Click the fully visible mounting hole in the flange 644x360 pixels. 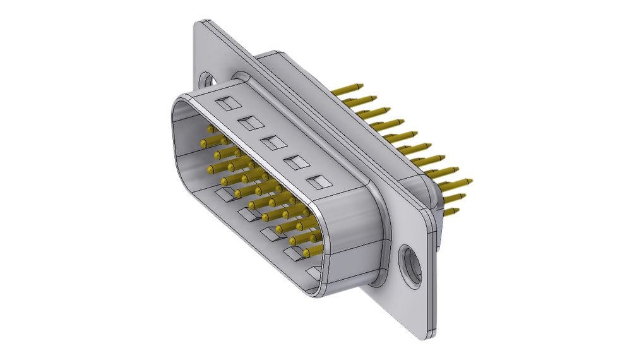(x=411, y=264)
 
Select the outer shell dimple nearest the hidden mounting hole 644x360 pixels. (x=224, y=101)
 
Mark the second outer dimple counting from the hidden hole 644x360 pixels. (x=247, y=121)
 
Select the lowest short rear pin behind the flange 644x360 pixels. (x=456, y=210)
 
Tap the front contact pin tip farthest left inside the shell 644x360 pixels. (x=204, y=144)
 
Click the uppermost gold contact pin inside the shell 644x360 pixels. (x=211, y=129)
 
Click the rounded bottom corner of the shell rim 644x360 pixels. (x=316, y=292)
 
